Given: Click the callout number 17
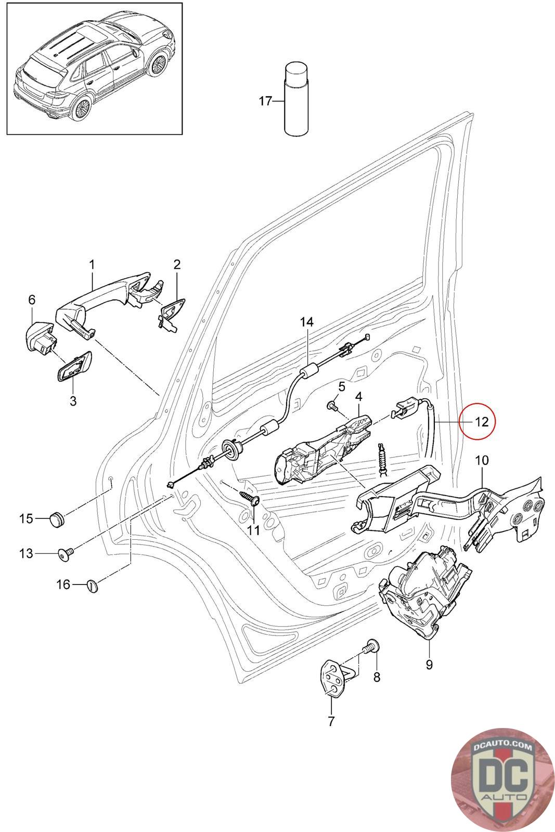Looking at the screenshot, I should tap(265, 101).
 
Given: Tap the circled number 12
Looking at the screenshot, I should tap(482, 422).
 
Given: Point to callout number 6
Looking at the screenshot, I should tap(32, 300).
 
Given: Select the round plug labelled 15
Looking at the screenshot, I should tap(57, 518).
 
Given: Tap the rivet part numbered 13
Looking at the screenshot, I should tap(66, 555).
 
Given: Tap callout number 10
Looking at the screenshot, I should tap(482, 460).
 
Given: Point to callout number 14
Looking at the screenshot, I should tap(306, 322).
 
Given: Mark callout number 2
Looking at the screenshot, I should tap(177, 264).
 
